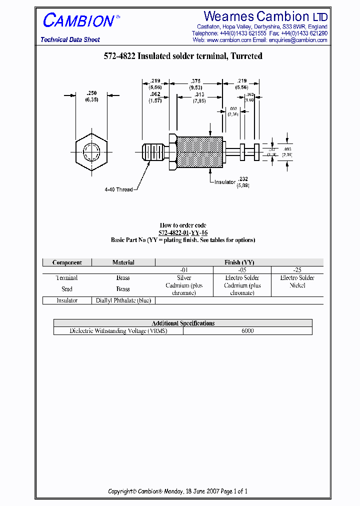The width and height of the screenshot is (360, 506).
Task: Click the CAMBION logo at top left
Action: (78, 20)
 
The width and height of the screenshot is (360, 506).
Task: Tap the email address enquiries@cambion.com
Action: (298, 40)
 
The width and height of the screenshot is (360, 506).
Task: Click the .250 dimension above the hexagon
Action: (91, 93)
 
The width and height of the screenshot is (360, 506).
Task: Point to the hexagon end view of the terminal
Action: (92, 151)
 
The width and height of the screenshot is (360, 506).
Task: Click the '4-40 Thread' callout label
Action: (118, 189)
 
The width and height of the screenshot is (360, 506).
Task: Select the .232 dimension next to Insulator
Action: (243, 178)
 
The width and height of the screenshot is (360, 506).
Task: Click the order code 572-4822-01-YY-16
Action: (183, 233)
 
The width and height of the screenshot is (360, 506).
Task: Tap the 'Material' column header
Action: (123, 262)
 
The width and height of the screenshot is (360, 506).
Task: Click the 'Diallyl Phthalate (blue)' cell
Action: (123, 300)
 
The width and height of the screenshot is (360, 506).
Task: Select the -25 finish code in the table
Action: (297, 270)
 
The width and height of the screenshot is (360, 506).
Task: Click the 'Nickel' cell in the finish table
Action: (297, 285)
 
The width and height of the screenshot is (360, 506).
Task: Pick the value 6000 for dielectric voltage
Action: (247, 331)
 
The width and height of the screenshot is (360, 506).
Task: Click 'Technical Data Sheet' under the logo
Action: (70, 40)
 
